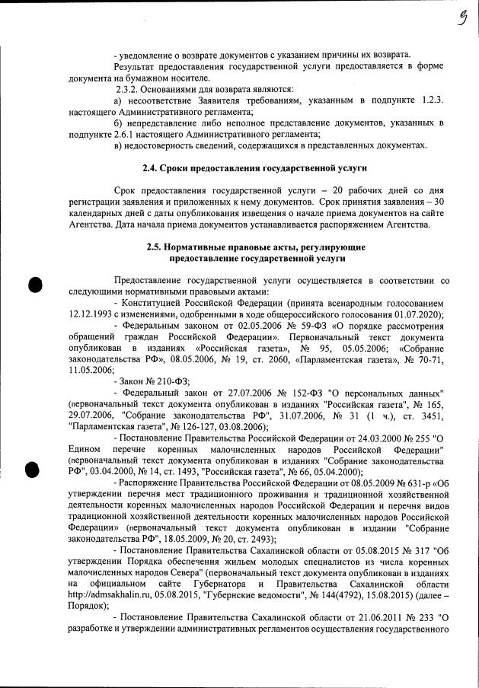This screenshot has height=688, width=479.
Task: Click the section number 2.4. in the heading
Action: point(153,167)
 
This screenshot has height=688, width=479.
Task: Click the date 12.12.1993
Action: point(94,314)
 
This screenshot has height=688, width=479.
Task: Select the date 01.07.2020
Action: point(418,314)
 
